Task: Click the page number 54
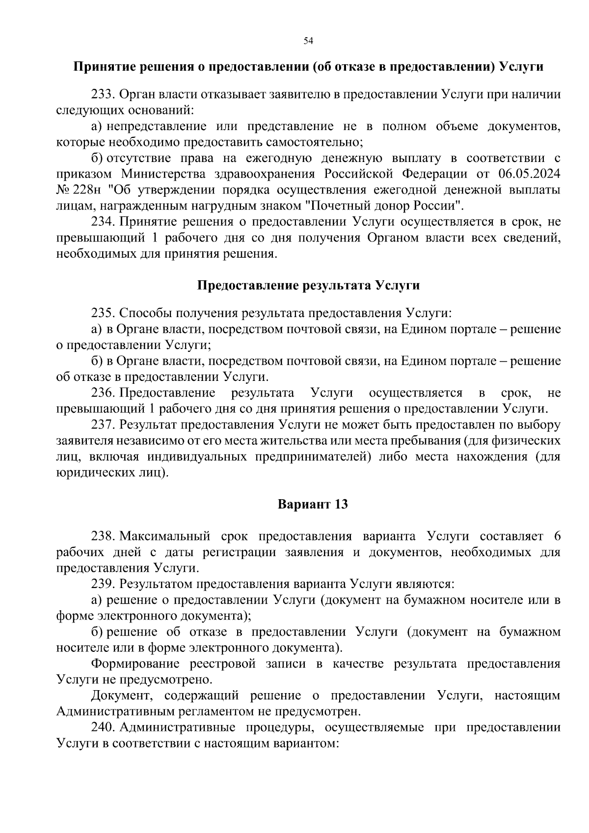(x=308, y=41)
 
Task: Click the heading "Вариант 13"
(x=313, y=504)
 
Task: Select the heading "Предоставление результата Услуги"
(x=308, y=285)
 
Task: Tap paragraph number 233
(x=103, y=94)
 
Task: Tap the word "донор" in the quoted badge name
(x=398, y=206)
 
